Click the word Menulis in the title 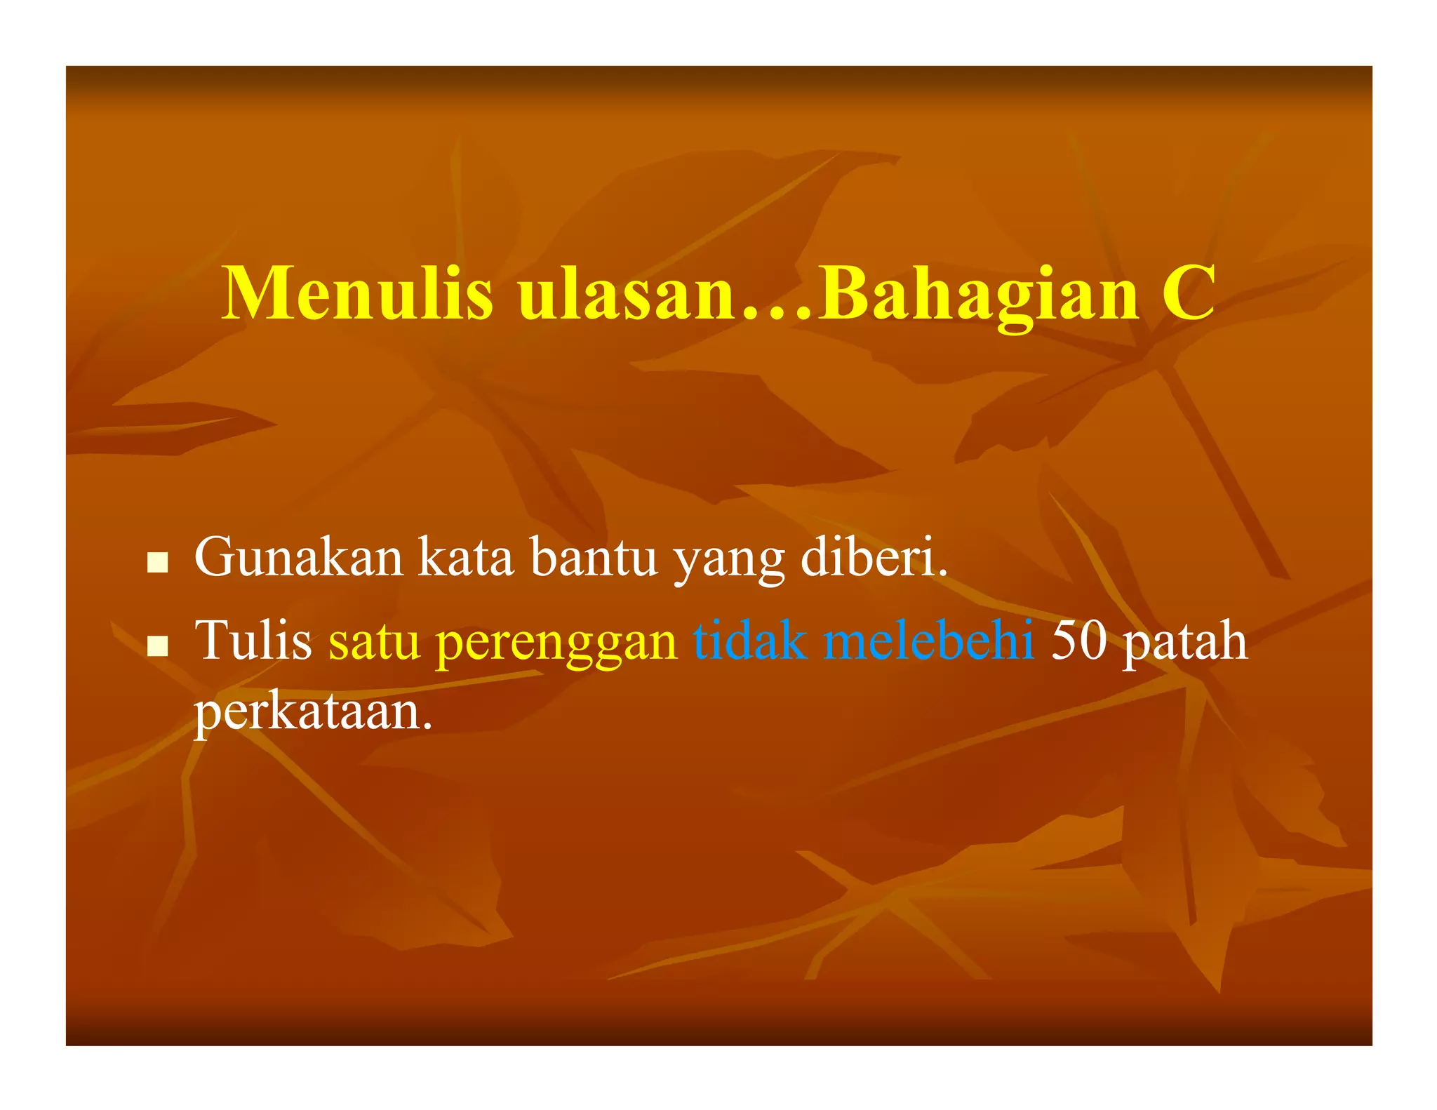click(357, 293)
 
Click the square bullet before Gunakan click(158, 561)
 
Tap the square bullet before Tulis click(158, 646)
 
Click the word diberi click(873, 557)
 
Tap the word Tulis click(253, 641)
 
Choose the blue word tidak click(749, 641)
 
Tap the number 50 click(1079, 641)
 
